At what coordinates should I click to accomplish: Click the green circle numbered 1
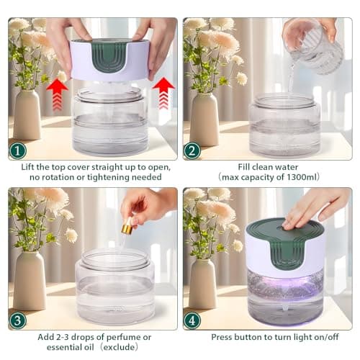(17, 151)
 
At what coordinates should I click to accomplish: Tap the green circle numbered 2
(192, 151)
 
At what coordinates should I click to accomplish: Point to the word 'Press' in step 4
(224, 336)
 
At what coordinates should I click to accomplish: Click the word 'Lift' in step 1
(31, 166)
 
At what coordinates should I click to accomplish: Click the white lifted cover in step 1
(110, 60)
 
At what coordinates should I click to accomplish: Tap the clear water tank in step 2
(284, 125)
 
